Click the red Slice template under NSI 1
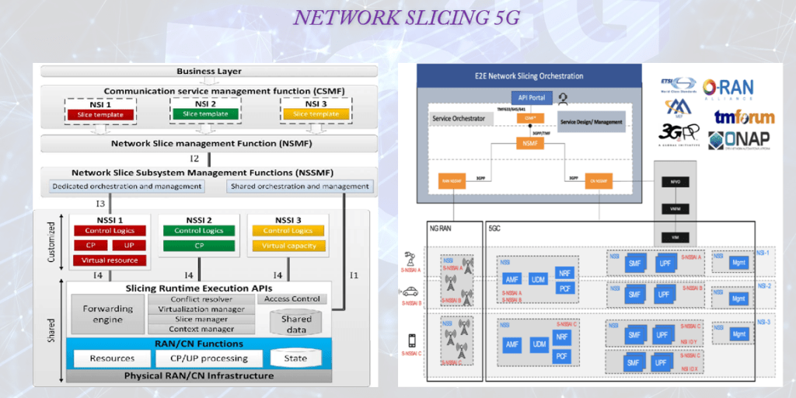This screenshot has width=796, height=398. click(x=100, y=115)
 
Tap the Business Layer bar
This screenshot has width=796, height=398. click(x=209, y=72)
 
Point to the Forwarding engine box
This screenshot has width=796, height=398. click(x=108, y=313)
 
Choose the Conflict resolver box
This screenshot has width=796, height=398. click(x=201, y=298)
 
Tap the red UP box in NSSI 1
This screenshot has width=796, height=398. click(x=128, y=246)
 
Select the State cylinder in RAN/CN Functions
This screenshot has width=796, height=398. click(x=296, y=358)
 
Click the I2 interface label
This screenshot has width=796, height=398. click(x=194, y=159)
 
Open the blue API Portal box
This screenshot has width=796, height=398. click(x=532, y=97)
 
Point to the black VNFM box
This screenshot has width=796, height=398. click(x=675, y=208)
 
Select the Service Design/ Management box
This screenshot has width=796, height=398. click(x=592, y=122)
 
